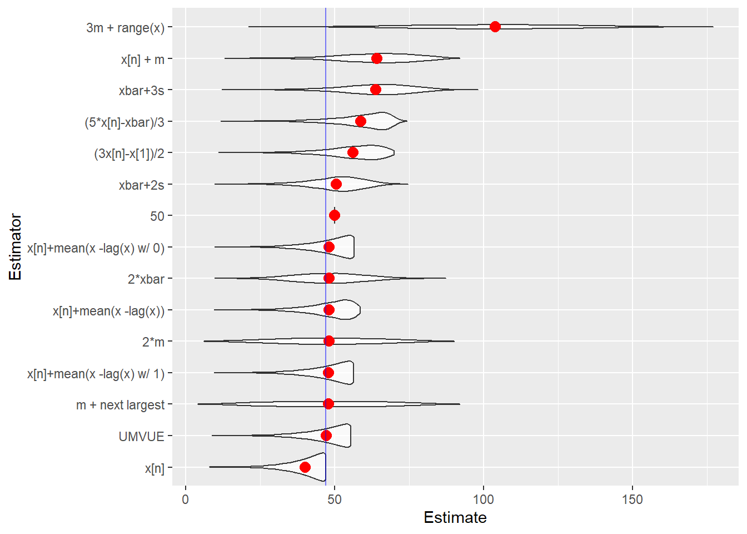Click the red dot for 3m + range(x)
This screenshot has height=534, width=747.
(495, 27)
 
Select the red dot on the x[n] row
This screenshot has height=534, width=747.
(305, 467)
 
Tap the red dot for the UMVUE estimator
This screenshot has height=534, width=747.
(326, 436)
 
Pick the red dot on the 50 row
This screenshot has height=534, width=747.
(335, 215)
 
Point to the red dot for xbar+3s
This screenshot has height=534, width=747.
(376, 90)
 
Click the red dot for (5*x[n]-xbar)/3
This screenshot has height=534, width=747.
(361, 121)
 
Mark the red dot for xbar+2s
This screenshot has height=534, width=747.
(336, 184)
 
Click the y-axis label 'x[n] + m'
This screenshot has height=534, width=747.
(143, 60)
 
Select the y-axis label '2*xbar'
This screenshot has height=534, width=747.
(146, 279)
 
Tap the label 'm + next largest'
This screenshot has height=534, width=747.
(121, 405)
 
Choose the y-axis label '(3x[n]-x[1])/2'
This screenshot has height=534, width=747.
(130, 154)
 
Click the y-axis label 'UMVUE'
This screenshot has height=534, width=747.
(142, 437)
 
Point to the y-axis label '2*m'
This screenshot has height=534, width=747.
(153, 342)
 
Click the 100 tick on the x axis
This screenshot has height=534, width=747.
(484, 500)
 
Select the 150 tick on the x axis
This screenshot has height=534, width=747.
(633, 500)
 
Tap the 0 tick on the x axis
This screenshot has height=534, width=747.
(186, 500)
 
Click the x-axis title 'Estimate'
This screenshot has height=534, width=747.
(455, 518)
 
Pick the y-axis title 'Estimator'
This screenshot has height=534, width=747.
(16, 247)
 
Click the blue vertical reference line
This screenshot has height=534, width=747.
(326, 167)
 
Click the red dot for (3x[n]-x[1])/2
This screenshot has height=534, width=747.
(353, 152)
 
